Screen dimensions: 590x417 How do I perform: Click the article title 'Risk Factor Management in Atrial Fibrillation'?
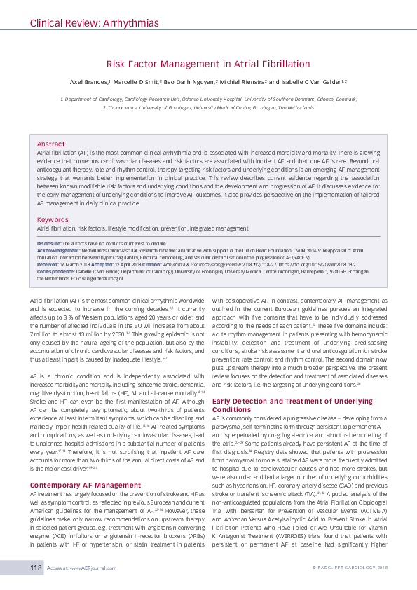tap(208, 63)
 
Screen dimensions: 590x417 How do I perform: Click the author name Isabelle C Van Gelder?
tap(312, 82)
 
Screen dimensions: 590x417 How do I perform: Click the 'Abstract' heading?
tap(50, 143)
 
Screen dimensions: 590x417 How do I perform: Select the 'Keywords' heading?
tap(53, 219)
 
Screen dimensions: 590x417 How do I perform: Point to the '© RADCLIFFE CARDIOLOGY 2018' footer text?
tap(349, 567)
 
